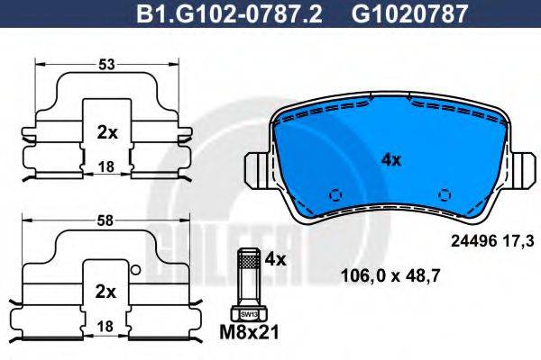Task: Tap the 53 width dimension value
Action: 107,64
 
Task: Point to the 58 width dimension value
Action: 107,219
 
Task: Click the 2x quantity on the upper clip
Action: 107,131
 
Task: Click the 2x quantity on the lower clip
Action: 107,292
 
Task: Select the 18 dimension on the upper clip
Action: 106,167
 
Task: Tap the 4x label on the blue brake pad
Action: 390,161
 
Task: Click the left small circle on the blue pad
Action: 336,194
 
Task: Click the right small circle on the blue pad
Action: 443,194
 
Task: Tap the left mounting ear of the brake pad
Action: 259,170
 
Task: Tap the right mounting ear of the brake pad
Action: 520,170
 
